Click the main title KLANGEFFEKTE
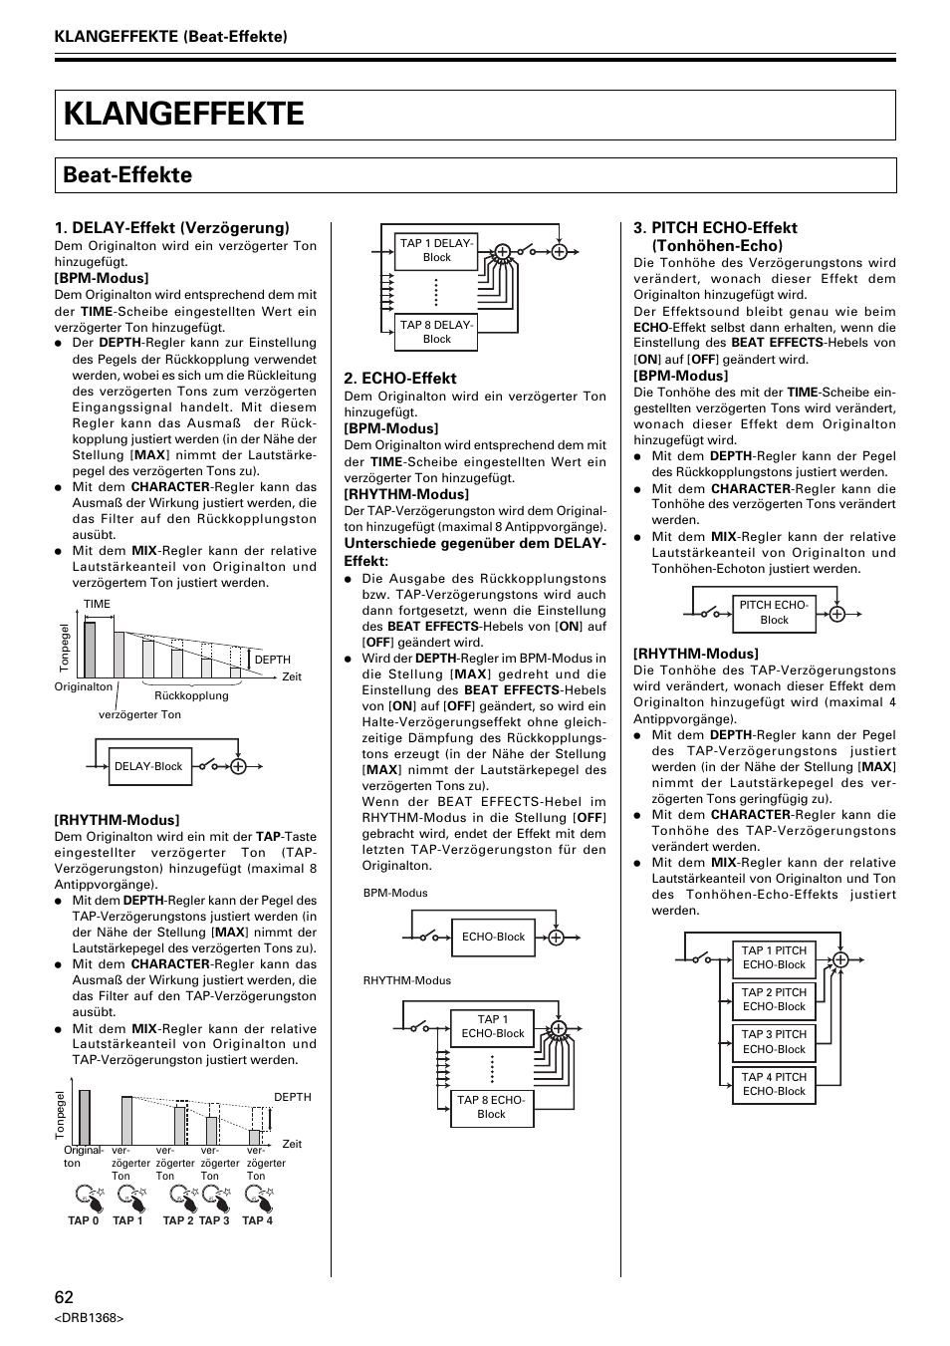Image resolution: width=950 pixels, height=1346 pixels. [x=184, y=115]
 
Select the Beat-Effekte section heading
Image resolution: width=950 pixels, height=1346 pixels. [x=127, y=175]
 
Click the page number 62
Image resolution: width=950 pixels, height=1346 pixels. [x=64, y=1296]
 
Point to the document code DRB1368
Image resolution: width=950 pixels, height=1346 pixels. [x=89, y=1318]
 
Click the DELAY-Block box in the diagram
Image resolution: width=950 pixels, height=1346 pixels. [x=148, y=766]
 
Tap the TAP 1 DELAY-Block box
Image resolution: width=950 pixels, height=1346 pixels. [x=436, y=250]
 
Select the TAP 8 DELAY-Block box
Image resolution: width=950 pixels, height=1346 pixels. [x=436, y=332]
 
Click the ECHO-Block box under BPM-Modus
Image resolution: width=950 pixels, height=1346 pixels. [x=493, y=937]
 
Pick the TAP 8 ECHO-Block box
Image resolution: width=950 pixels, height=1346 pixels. [x=491, y=1107]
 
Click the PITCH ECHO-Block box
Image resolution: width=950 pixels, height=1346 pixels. [x=774, y=612]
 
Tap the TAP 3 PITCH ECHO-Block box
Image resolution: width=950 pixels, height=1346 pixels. [x=774, y=1042]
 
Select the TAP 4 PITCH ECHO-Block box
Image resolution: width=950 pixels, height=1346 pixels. [x=774, y=1084]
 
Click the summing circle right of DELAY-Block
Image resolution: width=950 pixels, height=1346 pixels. [x=238, y=766]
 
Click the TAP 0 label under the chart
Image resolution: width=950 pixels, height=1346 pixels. [x=83, y=1220]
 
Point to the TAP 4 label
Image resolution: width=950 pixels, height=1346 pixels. [x=257, y=1220]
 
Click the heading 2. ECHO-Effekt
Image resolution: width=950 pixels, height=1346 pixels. [x=400, y=379]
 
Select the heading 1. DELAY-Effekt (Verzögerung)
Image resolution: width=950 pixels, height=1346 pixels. [x=171, y=228]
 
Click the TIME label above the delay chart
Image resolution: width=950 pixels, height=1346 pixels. [x=97, y=604]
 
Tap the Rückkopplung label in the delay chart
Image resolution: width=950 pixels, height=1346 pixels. [x=191, y=695]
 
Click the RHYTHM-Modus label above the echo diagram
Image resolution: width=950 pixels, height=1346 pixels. [x=406, y=980]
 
